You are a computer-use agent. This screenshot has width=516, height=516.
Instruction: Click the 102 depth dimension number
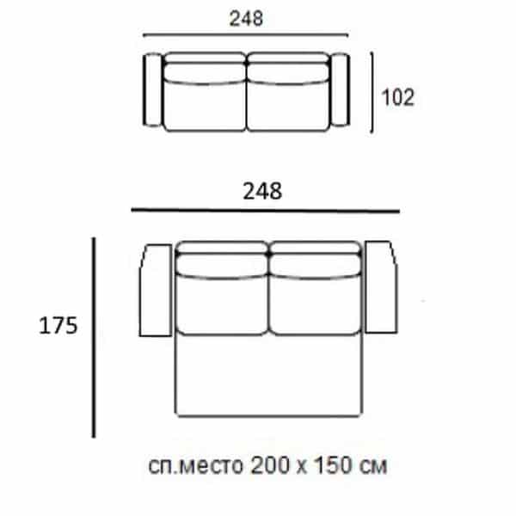click(x=397, y=98)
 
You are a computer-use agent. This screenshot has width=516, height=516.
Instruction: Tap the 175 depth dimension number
click(x=58, y=325)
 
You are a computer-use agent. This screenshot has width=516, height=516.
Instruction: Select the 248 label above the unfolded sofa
click(x=264, y=191)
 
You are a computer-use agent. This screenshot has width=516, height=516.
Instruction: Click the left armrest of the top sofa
click(x=151, y=91)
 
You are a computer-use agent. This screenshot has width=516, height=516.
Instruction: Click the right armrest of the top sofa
click(x=341, y=91)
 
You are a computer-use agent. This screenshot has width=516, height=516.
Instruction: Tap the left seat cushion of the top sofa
click(x=205, y=101)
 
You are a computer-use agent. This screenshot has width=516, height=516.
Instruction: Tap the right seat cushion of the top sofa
click(x=288, y=101)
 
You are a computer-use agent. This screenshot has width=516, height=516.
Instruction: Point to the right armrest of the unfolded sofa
click(x=381, y=288)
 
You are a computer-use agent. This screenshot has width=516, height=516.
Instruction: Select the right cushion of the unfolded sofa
click(x=315, y=301)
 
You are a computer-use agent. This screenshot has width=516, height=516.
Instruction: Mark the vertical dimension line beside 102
click(x=372, y=91)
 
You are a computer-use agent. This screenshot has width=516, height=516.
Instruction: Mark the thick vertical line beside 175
click(x=93, y=338)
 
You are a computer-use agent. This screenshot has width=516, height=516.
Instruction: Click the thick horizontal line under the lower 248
click(x=264, y=211)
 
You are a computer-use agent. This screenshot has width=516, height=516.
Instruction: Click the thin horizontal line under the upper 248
click(x=246, y=35)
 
